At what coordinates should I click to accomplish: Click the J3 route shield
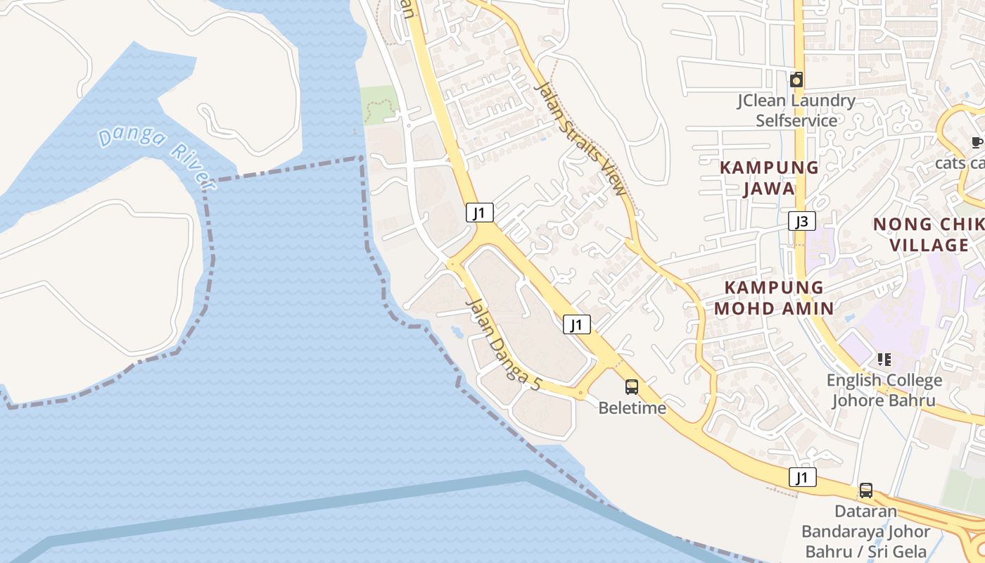[x=801, y=222]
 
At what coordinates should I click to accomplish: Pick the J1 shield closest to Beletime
[x=576, y=324]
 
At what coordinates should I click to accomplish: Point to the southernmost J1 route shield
[x=802, y=478]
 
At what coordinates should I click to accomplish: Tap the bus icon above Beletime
[x=632, y=386]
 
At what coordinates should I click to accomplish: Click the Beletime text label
[x=632, y=408]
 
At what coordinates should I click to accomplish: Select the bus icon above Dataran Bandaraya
[x=866, y=490]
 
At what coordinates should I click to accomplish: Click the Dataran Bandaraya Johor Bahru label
[x=866, y=531]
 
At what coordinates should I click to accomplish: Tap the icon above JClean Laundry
[x=796, y=80]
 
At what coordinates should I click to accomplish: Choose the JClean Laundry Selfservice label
[x=796, y=110]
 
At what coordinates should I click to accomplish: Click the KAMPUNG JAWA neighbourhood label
[x=769, y=178]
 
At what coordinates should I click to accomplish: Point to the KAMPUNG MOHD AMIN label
[x=774, y=298]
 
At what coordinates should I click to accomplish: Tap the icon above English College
[x=884, y=360]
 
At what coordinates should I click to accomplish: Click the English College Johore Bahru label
[x=884, y=391]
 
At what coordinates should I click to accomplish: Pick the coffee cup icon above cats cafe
[x=977, y=143]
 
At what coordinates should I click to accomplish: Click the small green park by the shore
[x=379, y=106]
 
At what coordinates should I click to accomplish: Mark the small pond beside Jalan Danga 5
[x=457, y=329]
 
